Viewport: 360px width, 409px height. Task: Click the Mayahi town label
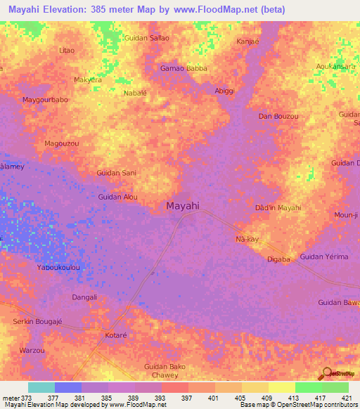tap(183, 207)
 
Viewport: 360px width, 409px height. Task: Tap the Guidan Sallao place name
tap(146, 38)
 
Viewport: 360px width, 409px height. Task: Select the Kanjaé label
tap(248, 41)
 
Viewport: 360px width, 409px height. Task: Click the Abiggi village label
tap(224, 91)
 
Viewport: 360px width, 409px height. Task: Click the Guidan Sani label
tap(116, 172)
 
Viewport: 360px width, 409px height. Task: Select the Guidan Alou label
tap(118, 197)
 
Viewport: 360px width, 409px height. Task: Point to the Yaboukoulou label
tap(58, 268)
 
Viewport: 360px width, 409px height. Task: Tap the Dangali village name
tap(84, 297)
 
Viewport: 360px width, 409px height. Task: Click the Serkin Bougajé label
tap(38, 321)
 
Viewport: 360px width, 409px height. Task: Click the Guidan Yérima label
tap(324, 257)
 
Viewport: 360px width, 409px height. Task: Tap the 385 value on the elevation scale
tap(108, 396)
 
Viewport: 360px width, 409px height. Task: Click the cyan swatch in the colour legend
tap(41, 387)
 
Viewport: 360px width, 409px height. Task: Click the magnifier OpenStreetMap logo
tap(328, 375)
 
